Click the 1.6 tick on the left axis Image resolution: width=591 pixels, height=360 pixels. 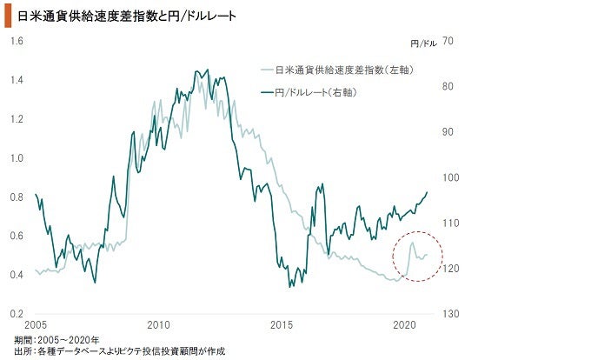(x=17, y=41)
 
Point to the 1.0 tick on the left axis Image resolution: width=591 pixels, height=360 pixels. (x=17, y=158)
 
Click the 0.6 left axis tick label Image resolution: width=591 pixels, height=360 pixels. (x=17, y=237)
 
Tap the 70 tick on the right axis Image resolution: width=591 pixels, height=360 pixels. (x=449, y=41)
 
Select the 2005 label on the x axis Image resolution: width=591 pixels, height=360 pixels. (x=35, y=326)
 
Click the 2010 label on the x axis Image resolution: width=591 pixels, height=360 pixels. (x=158, y=326)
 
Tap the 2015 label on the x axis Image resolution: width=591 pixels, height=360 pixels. (x=282, y=326)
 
